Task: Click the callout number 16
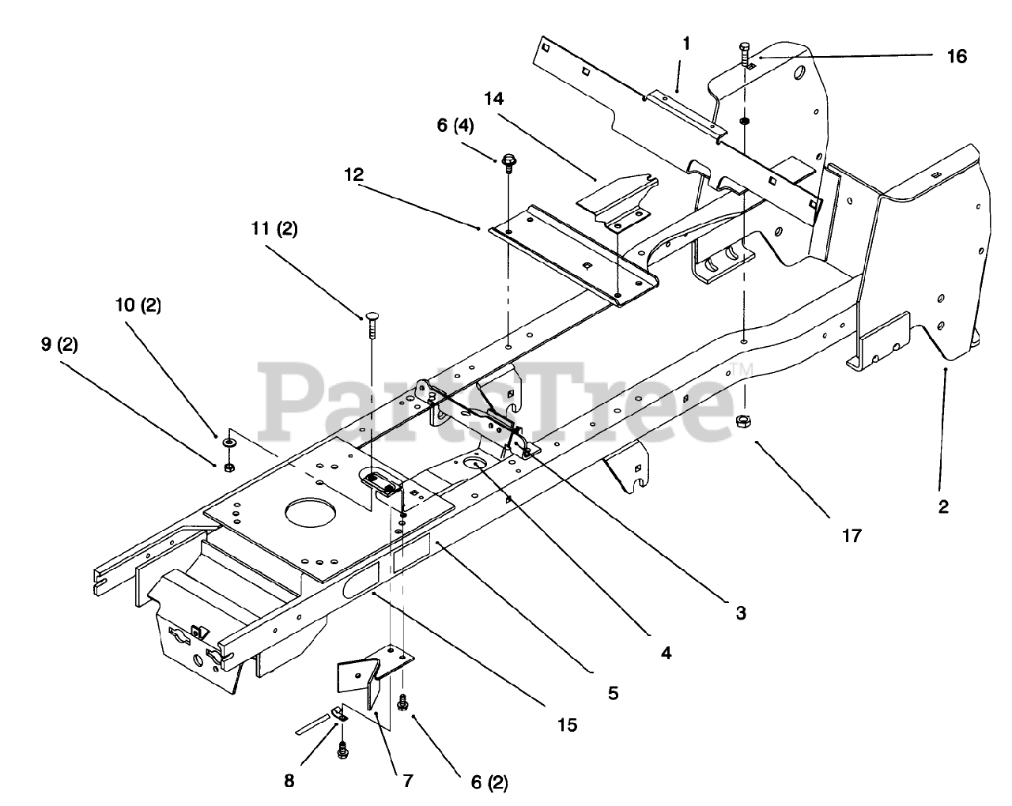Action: tap(956, 56)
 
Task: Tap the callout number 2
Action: tap(943, 507)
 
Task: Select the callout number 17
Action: tap(851, 536)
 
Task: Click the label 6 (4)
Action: tap(475, 126)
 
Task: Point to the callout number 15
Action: tap(566, 725)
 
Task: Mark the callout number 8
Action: tap(289, 781)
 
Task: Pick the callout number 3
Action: tap(740, 612)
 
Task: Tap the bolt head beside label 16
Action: tap(746, 46)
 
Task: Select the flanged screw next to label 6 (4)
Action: tap(508, 163)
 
